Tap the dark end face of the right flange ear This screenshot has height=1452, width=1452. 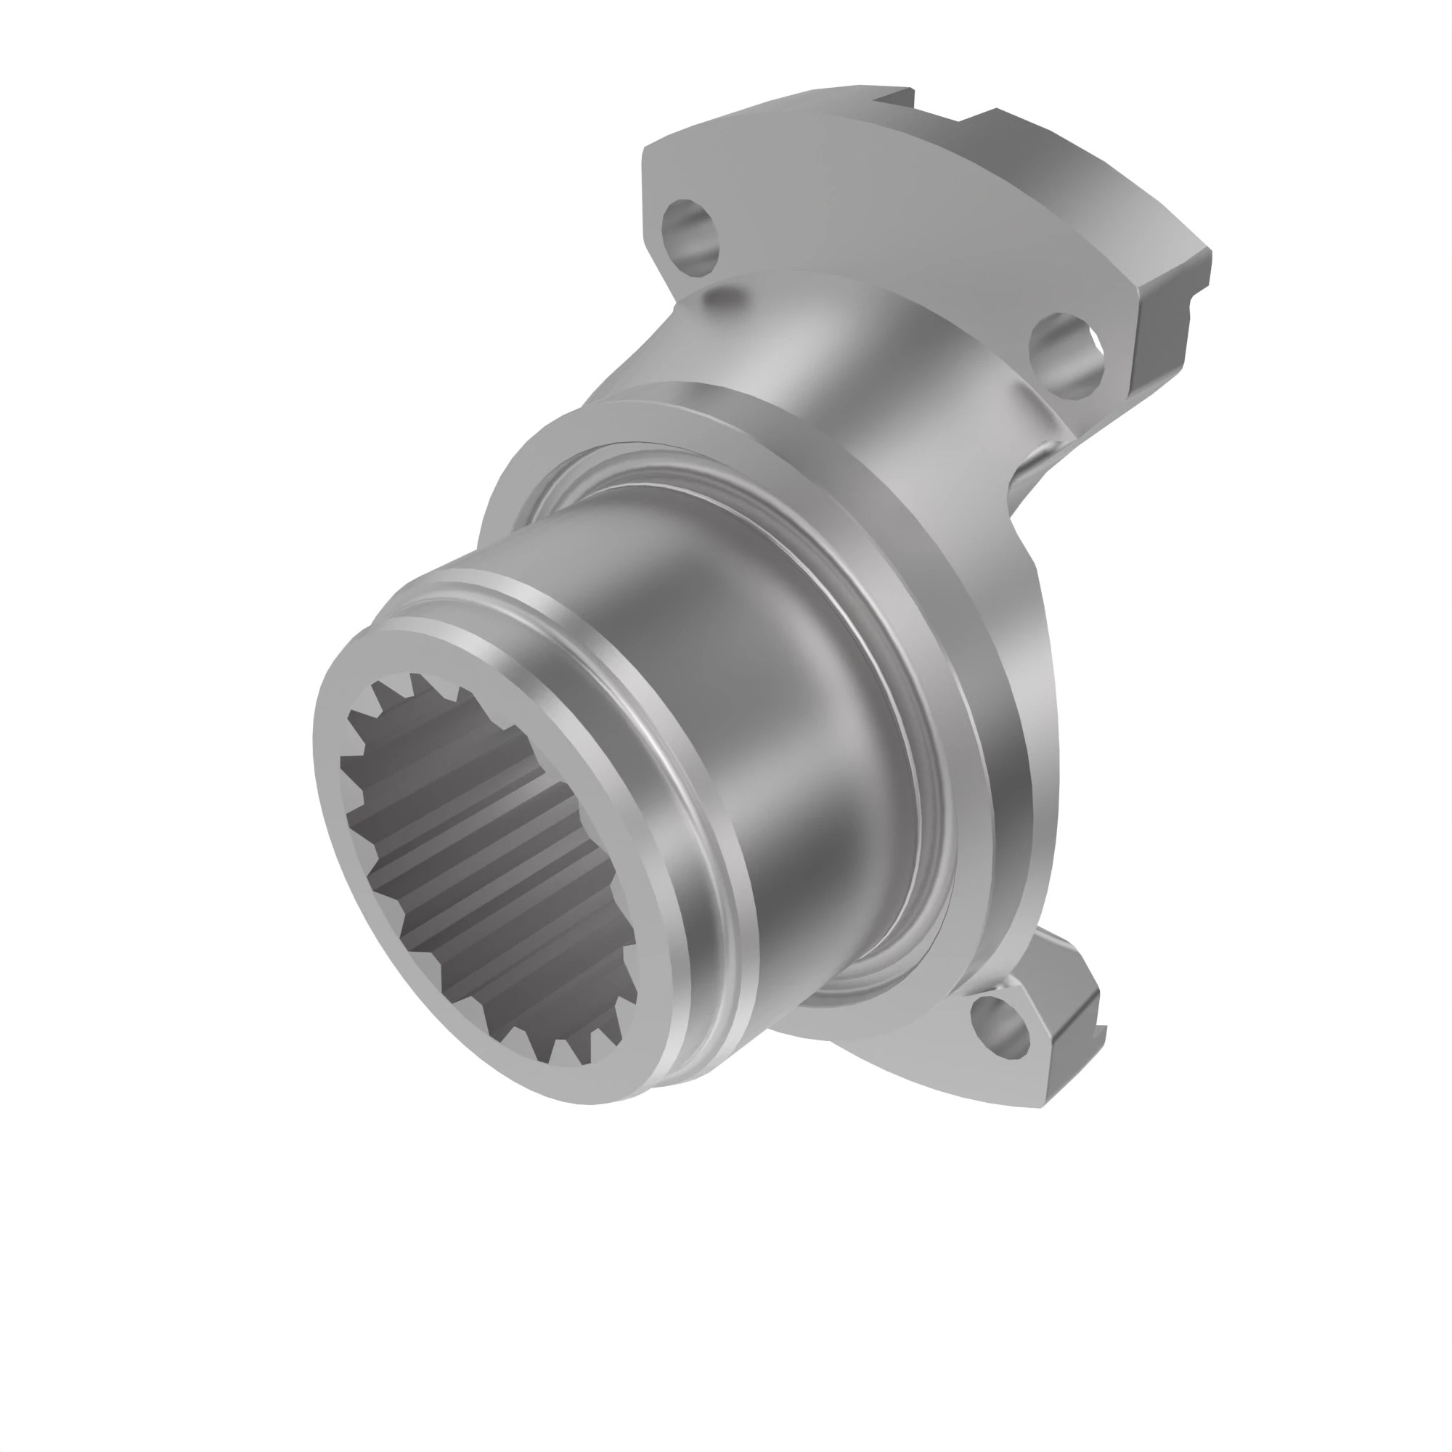[1161, 338]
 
